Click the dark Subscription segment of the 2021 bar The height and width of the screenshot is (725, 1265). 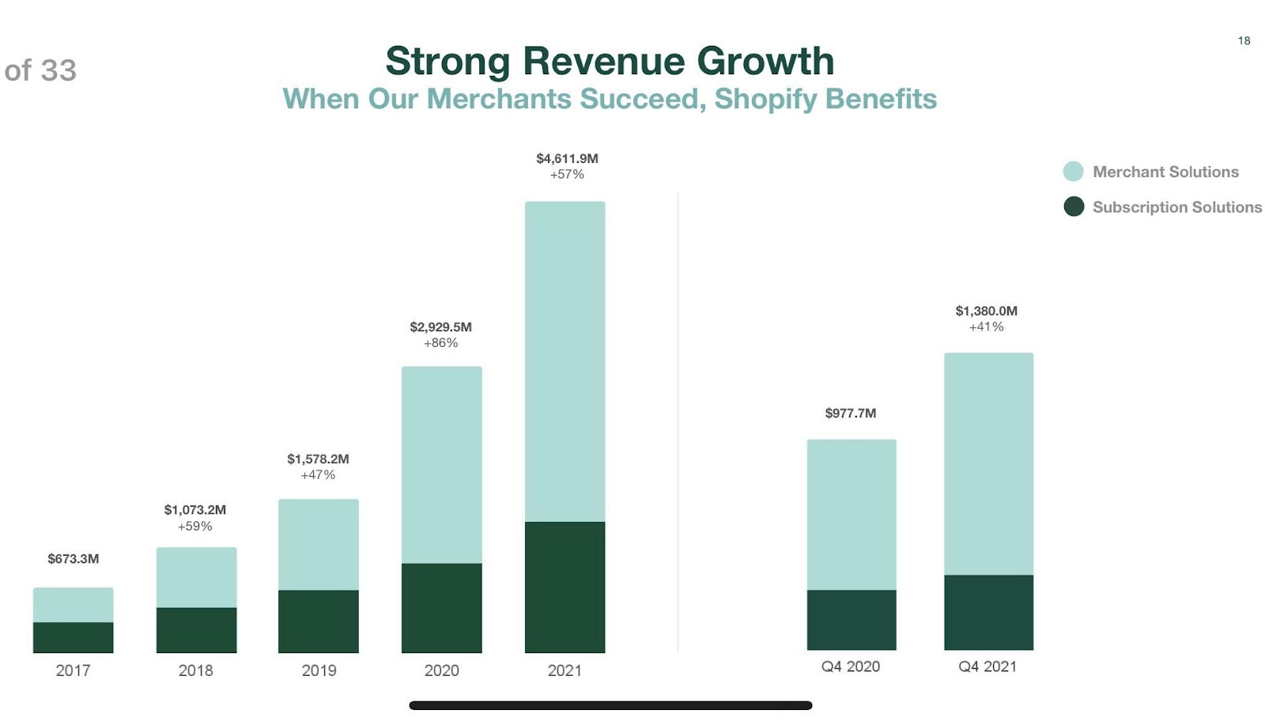[x=565, y=587]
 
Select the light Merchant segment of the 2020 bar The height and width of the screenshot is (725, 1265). [x=441, y=465]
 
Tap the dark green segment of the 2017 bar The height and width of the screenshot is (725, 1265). [x=73, y=637]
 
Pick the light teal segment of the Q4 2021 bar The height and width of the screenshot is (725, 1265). [x=988, y=463]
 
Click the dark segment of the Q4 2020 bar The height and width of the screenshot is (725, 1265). [x=852, y=620]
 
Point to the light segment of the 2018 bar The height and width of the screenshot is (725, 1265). [x=196, y=577]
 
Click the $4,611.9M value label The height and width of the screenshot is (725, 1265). [x=567, y=158]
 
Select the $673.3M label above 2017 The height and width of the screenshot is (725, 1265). [x=73, y=559]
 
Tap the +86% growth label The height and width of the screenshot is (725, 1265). [x=440, y=343]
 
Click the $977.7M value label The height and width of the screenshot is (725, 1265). [x=851, y=413]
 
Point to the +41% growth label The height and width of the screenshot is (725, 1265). [x=986, y=327]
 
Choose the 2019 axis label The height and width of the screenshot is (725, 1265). [x=319, y=670]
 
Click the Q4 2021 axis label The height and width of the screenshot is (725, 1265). [x=987, y=666]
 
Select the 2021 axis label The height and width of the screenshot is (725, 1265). [x=565, y=670]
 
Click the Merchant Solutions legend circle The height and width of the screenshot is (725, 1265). [x=1073, y=172]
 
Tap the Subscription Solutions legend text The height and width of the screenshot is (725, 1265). [x=1176, y=207]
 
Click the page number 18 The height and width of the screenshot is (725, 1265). [x=1244, y=40]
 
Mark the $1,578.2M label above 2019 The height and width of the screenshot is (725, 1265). [x=318, y=459]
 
